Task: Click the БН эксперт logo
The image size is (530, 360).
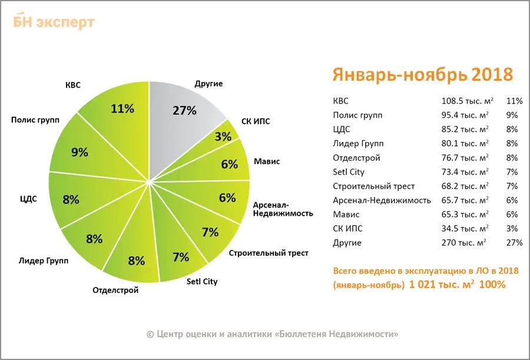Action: (54, 22)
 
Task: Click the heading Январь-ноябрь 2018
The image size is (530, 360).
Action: (422, 75)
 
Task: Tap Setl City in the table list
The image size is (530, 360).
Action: (349, 172)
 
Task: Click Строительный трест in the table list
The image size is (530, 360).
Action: (374, 186)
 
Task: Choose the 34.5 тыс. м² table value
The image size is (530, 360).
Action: (465, 229)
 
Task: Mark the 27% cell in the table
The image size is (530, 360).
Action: (514, 243)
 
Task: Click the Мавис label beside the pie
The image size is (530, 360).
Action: (267, 161)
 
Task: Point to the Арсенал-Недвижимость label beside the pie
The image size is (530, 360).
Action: (283, 209)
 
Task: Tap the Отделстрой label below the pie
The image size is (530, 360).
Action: (115, 290)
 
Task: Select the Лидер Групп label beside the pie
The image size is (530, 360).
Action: (44, 260)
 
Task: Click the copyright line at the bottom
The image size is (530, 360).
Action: (272, 334)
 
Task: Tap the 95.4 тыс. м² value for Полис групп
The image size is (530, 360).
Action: (465, 115)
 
